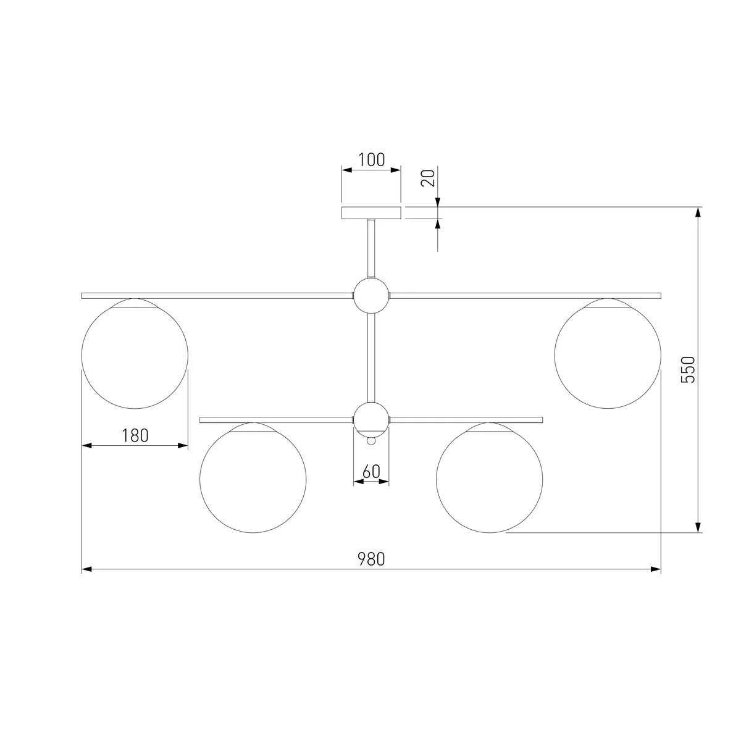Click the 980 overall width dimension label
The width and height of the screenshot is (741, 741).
click(371, 559)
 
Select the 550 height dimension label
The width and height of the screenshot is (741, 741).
click(688, 369)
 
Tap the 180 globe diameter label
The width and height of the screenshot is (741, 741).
click(135, 436)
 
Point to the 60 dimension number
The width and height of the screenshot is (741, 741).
click(371, 472)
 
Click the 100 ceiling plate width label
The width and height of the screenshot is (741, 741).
click(372, 160)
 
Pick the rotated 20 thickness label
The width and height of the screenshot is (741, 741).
click(428, 178)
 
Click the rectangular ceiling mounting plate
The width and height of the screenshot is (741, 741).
click(371, 213)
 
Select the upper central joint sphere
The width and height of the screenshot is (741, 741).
click(371, 296)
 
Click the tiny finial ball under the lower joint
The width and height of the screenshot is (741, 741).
click(371, 441)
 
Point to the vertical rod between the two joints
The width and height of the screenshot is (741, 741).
click(371, 358)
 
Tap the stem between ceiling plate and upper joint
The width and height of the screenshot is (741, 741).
click(371, 248)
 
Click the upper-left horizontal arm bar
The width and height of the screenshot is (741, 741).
click(217, 296)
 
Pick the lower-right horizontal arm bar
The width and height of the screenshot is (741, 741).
click(466, 420)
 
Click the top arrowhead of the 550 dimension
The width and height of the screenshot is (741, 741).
click(698, 212)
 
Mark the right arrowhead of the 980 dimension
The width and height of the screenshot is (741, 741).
click(656, 569)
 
